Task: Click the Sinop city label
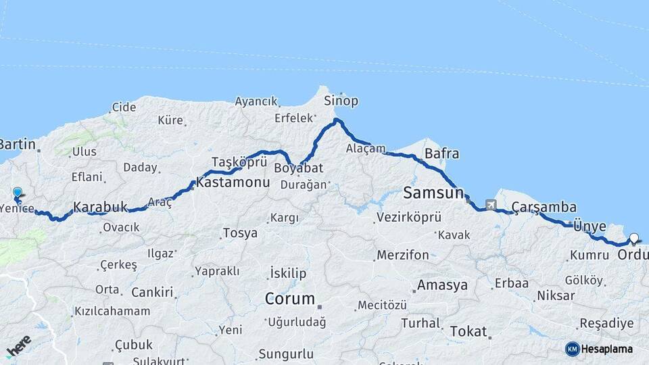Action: click(x=341, y=101)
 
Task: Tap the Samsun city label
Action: click(x=433, y=193)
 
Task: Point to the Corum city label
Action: click(x=289, y=298)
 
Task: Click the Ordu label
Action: click(x=633, y=255)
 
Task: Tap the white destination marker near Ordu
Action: click(x=633, y=238)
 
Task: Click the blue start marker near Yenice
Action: click(x=17, y=193)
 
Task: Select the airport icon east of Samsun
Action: click(x=490, y=204)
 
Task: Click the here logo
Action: click(x=19, y=345)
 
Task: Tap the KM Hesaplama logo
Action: click(x=599, y=349)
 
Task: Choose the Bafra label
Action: click(x=441, y=153)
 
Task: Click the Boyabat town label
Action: click(x=298, y=168)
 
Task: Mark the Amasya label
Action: click(x=441, y=285)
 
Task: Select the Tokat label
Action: click(x=468, y=331)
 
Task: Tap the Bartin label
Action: click(x=18, y=144)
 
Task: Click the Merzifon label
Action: click(x=403, y=255)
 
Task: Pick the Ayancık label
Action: click(x=256, y=102)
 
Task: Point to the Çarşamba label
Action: click(x=544, y=206)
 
